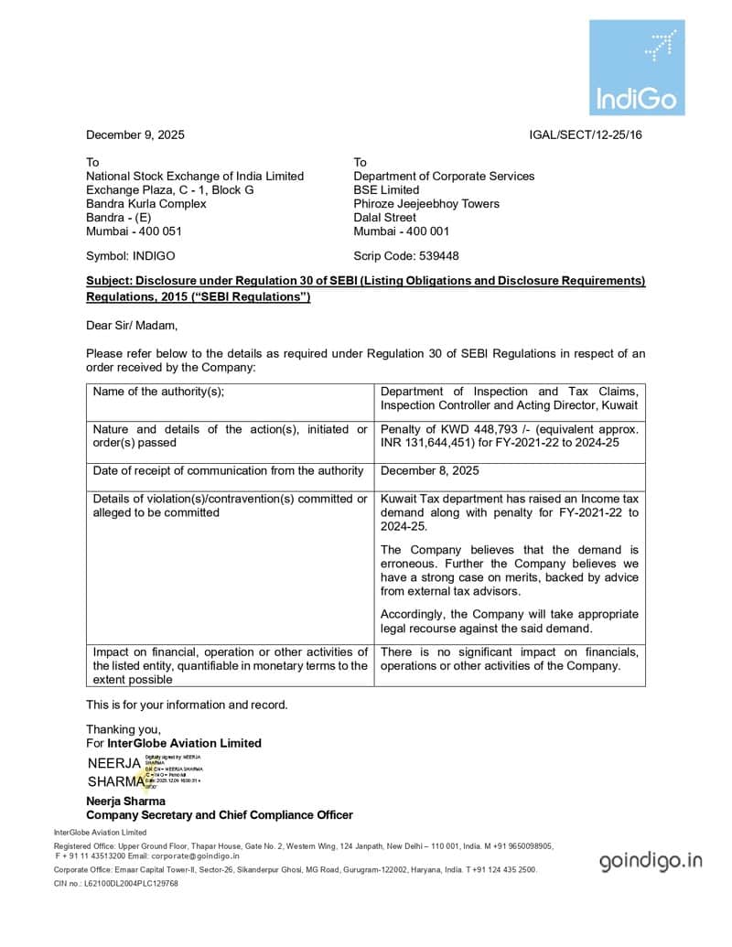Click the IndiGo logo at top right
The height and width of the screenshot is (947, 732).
point(636,68)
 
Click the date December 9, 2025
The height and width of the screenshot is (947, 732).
point(135,135)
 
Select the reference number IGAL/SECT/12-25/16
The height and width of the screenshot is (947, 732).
point(586,135)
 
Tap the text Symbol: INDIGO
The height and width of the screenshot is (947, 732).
point(130,256)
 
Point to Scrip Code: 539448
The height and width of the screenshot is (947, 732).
point(406,256)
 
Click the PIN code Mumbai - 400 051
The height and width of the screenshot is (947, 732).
point(134,231)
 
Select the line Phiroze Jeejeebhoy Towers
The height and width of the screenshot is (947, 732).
point(426,204)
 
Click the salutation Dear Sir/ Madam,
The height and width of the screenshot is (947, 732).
point(132,325)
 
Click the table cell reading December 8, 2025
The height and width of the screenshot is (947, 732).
point(429,471)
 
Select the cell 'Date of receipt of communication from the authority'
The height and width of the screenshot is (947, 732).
point(229,471)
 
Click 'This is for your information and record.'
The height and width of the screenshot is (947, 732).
point(187,705)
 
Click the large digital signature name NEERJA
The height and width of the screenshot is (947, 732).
point(114,763)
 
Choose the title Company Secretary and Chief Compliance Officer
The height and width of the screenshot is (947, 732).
point(220,815)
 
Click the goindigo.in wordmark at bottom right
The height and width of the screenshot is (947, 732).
point(651,860)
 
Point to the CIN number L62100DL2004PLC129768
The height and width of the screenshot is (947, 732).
point(129,884)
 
